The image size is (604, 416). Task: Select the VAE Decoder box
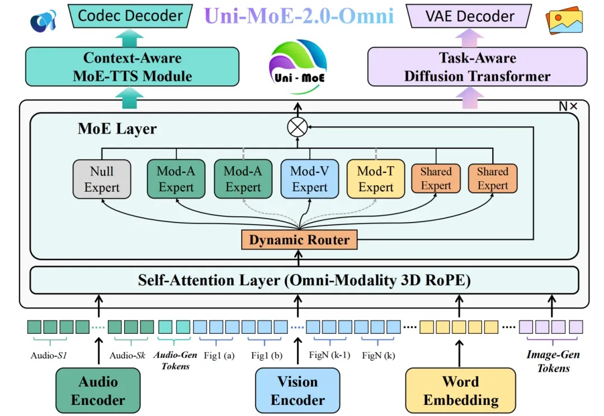[470, 16]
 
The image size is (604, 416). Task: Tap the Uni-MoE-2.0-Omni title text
[299, 16]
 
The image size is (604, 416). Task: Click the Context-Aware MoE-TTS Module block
[133, 67]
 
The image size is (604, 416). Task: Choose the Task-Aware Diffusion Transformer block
[477, 67]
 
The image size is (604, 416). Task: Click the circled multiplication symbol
[298, 127]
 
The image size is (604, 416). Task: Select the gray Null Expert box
[102, 179]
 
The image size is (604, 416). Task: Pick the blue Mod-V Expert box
[309, 179]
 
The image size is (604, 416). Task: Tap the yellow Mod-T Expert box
[375, 179]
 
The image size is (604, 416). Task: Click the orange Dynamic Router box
[299, 240]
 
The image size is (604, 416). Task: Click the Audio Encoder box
[98, 391]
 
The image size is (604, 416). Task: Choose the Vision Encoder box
[298, 391]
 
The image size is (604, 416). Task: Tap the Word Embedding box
[460, 391]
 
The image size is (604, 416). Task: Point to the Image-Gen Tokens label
[553, 361]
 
